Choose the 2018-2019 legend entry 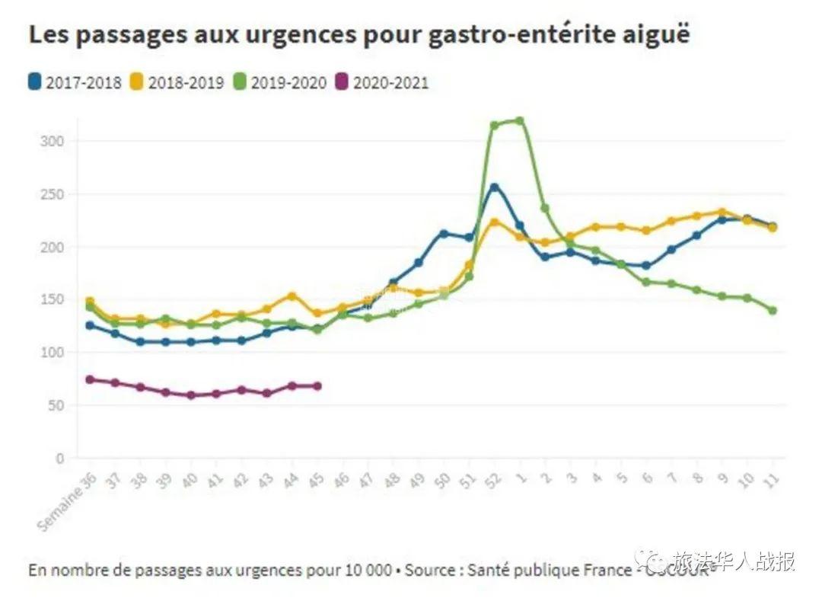[x=177, y=82]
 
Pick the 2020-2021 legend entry [x=382, y=82]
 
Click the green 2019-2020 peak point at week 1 [x=520, y=120]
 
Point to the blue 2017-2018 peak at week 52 [x=494, y=187]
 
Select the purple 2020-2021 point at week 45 [x=317, y=386]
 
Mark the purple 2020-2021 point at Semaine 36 [x=90, y=379]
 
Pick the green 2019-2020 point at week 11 [x=773, y=310]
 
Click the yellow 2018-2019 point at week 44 [x=292, y=296]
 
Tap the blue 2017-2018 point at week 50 [x=444, y=234]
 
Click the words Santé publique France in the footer [x=549, y=570]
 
